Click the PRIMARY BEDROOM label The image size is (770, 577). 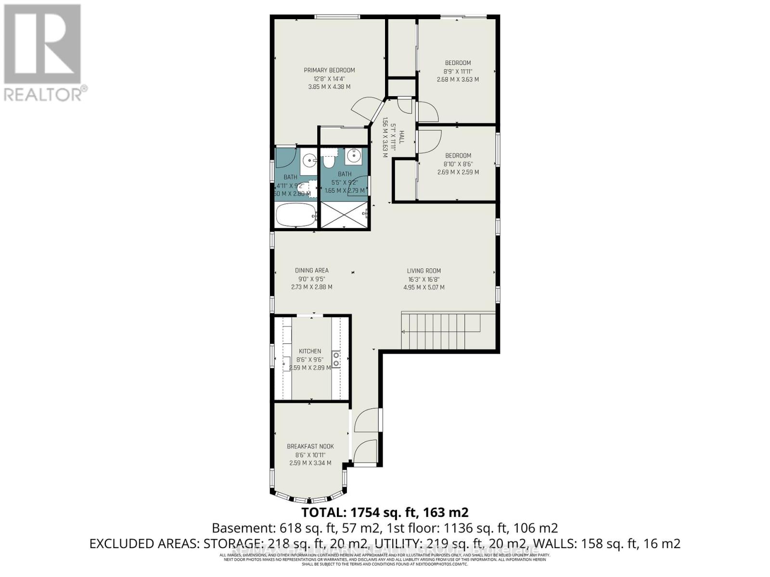(x=329, y=70)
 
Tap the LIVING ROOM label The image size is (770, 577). (x=423, y=271)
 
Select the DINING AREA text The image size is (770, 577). (x=311, y=270)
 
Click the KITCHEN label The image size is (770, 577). (x=309, y=351)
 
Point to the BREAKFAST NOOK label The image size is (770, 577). (x=310, y=446)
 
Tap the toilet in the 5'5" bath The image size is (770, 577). (x=329, y=160)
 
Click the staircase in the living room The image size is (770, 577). (x=440, y=331)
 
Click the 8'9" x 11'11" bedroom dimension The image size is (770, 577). (x=458, y=71)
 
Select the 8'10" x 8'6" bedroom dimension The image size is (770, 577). (x=458, y=164)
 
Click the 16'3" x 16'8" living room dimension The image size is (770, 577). (x=423, y=279)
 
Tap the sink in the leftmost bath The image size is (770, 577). (x=309, y=158)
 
